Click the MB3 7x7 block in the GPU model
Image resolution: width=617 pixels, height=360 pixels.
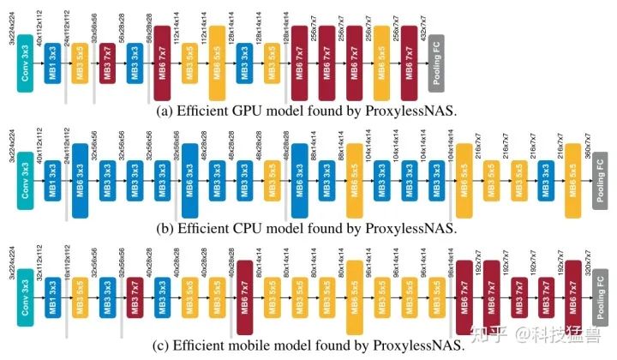[107, 65]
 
